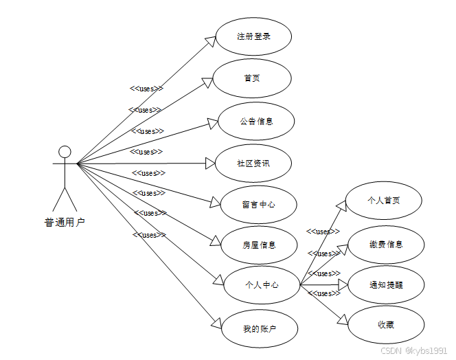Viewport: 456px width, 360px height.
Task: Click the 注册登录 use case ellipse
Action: pyautogui.click(x=253, y=36)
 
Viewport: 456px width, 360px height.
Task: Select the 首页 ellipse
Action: pyautogui.click(x=252, y=78)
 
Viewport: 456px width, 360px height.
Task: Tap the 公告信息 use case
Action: pyautogui.click(x=256, y=122)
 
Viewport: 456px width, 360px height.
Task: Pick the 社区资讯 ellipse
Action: pyautogui.click(x=253, y=164)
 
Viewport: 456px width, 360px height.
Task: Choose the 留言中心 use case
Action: pyautogui.click(x=259, y=205)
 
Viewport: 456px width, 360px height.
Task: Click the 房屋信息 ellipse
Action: pyautogui.click(x=259, y=245)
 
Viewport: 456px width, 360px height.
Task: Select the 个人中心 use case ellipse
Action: pyautogui.click(x=262, y=284)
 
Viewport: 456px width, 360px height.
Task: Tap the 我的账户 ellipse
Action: pyautogui.click(x=259, y=329)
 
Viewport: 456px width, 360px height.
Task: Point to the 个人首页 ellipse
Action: pyautogui.click(x=383, y=201)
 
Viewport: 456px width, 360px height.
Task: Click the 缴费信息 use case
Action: pyautogui.click(x=385, y=244)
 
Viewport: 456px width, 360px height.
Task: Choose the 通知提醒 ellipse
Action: pyautogui.click(x=385, y=284)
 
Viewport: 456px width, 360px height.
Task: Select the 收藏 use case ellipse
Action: pyautogui.click(x=385, y=324)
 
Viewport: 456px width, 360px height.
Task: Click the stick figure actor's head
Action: pyautogui.click(x=65, y=151)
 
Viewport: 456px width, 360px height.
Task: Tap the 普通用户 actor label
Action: pyautogui.click(x=65, y=223)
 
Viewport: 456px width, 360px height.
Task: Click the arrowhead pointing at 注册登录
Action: pyautogui.click(x=212, y=42)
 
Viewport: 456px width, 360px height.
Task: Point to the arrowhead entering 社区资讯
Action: pyautogui.click(x=211, y=164)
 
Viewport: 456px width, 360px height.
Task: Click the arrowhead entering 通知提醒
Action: pyautogui.click(x=343, y=284)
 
